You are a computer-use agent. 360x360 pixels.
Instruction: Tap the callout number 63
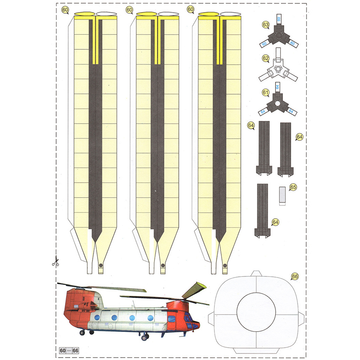266,25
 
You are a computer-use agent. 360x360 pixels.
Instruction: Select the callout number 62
266,59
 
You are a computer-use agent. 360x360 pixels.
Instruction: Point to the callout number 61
266,93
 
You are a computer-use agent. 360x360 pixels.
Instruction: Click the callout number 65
293,187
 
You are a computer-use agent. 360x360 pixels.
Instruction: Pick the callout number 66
295,276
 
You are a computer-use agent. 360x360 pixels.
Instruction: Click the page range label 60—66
69,351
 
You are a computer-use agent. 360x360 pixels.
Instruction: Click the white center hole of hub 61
278,104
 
